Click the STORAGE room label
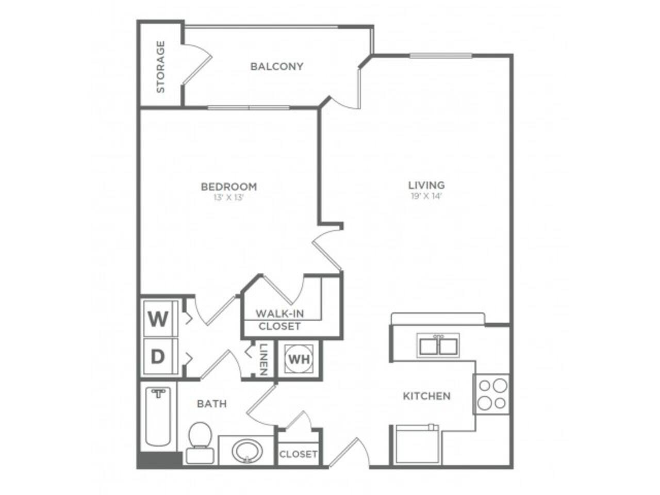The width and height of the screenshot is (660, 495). tap(160, 67)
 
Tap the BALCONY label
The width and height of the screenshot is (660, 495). tap(276, 67)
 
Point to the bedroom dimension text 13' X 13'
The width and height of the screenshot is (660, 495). tap(228, 197)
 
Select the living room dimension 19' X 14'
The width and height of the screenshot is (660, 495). tap(426, 196)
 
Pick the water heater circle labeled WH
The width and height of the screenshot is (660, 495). tap(299, 359)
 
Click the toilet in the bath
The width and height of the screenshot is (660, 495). tap(200, 442)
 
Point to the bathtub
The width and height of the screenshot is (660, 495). tap(158, 417)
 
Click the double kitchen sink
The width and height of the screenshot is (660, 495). tap(438, 345)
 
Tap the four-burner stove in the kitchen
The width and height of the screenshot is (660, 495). tap(491, 394)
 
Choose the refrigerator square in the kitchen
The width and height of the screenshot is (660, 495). tap(417, 445)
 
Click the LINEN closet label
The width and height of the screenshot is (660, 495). tap(263, 359)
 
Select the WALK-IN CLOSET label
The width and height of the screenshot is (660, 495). tap(279, 320)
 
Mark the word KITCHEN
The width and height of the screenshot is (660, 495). tap(426, 396)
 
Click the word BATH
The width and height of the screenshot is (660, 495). tap(212, 404)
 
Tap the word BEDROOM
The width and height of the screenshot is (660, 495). tap(229, 187)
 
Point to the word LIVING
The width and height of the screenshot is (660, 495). tap(426, 185)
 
